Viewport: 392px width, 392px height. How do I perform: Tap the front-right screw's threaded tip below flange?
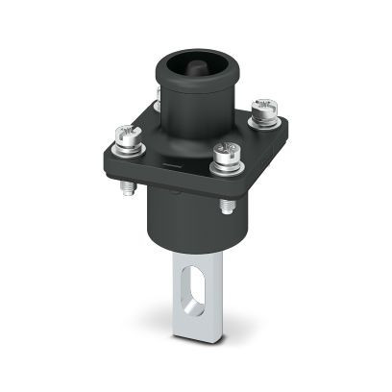pos(224,205)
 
